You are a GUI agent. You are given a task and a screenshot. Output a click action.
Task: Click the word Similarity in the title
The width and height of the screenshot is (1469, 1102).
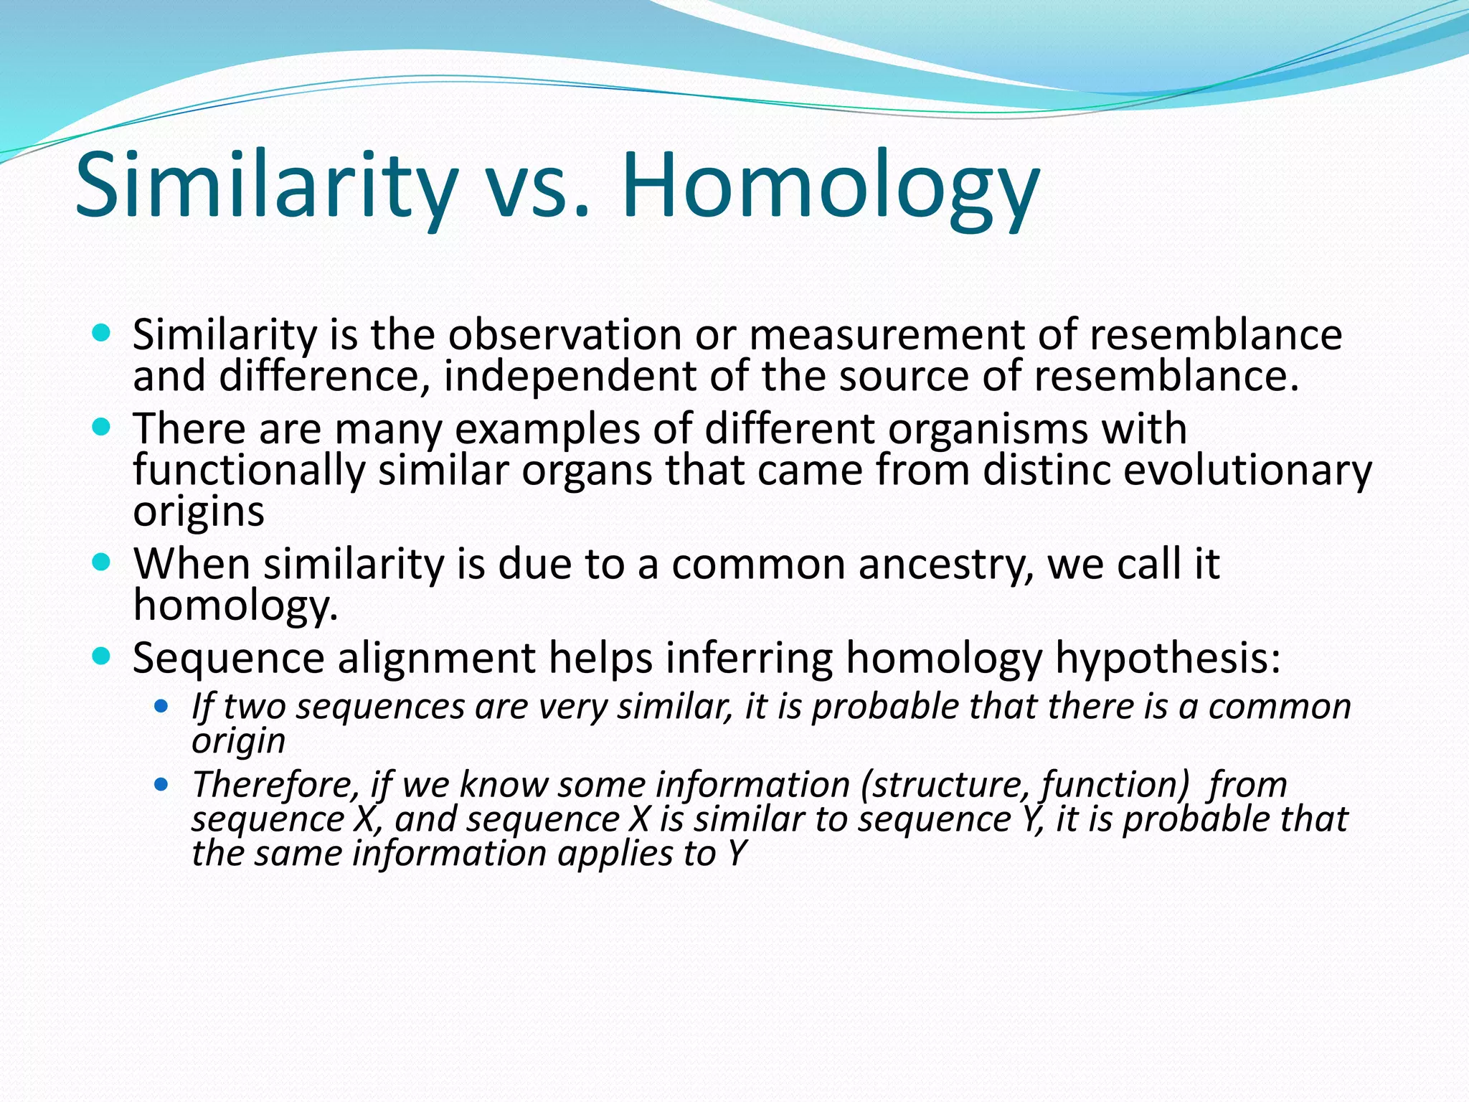[266, 185]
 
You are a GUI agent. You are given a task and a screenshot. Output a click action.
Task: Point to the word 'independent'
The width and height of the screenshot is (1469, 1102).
[570, 377]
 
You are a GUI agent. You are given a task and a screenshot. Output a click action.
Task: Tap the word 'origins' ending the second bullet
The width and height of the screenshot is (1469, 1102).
[199, 512]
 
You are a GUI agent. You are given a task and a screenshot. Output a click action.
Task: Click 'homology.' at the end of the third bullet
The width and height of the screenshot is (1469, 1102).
[235, 606]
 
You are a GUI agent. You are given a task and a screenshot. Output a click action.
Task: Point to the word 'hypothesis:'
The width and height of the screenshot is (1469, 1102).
[1168, 659]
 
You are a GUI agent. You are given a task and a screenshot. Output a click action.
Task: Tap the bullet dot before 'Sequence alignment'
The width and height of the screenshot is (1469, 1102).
[102, 655]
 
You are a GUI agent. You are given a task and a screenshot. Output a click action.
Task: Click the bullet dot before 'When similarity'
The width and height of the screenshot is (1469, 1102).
[102, 562]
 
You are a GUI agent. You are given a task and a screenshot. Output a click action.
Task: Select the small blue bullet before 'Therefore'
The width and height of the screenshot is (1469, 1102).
[161, 783]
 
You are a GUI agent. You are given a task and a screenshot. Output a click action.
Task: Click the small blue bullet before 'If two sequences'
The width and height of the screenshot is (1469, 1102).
[161, 706]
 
